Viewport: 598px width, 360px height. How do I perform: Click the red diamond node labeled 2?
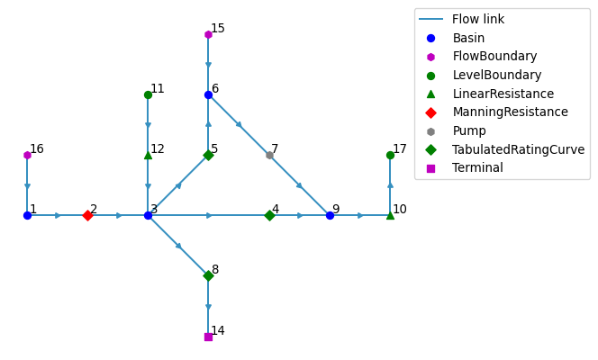[x=87, y=216]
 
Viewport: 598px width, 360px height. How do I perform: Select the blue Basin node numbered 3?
[x=148, y=216]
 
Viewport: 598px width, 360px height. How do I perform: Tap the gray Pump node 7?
[x=269, y=156]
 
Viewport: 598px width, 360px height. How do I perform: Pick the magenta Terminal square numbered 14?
[x=208, y=337]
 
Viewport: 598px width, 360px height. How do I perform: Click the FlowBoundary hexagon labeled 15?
[x=208, y=35]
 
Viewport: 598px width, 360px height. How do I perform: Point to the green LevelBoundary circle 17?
[x=390, y=156]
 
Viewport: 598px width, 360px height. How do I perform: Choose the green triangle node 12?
[x=148, y=155]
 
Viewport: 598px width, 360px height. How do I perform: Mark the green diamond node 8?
[x=208, y=275]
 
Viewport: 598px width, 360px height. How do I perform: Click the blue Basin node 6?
[x=208, y=94]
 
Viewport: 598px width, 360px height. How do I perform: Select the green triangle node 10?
[x=390, y=216]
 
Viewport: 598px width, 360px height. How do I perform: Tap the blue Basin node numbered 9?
[x=330, y=216]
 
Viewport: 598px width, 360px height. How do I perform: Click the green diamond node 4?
[x=269, y=216]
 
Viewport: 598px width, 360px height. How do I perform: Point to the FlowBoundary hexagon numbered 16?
[x=27, y=156]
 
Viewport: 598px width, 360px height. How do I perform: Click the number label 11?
[x=158, y=89]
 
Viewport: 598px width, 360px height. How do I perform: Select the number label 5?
[x=214, y=149]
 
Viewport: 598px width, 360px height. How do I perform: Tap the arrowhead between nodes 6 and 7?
[x=240, y=124]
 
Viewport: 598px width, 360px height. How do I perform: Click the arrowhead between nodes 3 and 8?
[x=178, y=246]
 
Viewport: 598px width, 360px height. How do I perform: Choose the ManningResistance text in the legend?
[x=511, y=112]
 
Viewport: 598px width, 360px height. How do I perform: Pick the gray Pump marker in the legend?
[x=430, y=131]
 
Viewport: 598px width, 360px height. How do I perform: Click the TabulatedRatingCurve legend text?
[x=518, y=149]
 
